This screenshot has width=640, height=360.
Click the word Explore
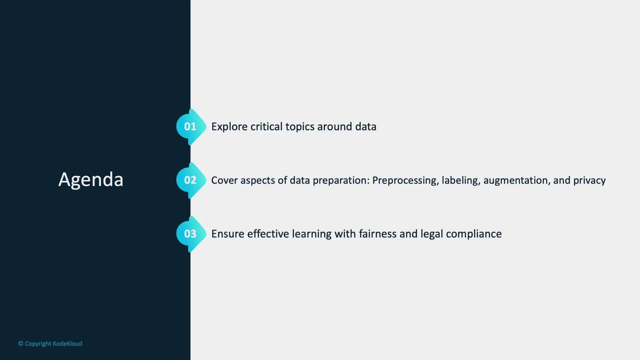click(x=229, y=127)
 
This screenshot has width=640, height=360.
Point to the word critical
click(x=266, y=127)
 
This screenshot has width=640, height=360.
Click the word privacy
click(x=589, y=181)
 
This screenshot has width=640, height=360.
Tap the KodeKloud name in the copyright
click(x=67, y=344)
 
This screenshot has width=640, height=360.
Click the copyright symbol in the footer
click(x=21, y=344)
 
